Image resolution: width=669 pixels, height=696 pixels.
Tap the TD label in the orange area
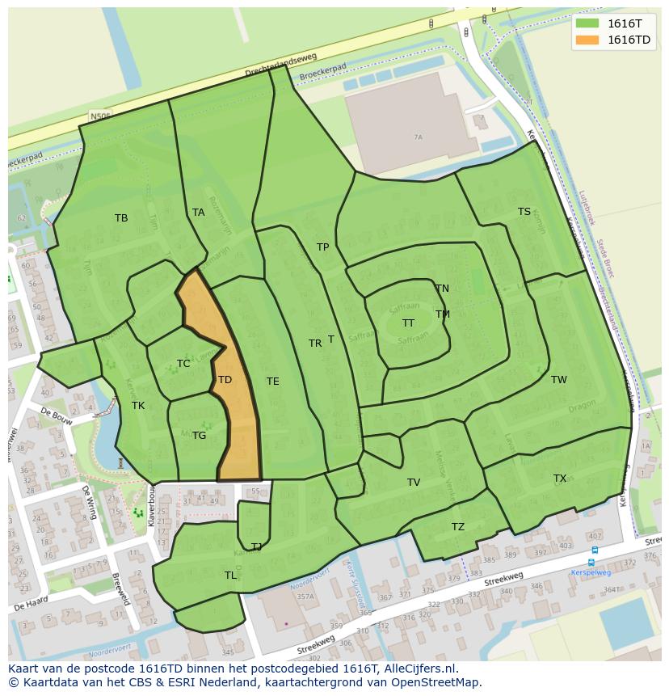[x=225, y=380]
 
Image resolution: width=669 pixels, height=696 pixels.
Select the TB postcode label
[x=121, y=218]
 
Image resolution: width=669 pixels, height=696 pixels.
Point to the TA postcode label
[x=199, y=213]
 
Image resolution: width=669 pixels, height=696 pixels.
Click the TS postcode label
[x=524, y=212]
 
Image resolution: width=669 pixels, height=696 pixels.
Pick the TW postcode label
[x=559, y=380]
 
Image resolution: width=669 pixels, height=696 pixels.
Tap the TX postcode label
[x=560, y=479]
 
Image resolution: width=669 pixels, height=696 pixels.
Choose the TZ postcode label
[x=458, y=527]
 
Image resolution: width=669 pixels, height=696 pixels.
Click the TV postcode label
[x=414, y=483]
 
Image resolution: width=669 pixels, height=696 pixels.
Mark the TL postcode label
[x=231, y=576]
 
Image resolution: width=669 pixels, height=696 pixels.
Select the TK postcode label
[x=138, y=406]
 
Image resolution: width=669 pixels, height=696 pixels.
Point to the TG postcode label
[x=199, y=436]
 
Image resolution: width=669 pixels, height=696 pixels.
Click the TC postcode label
[x=183, y=364]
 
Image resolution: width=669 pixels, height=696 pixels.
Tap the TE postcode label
[x=273, y=382]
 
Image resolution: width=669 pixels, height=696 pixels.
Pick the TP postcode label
[x=322, y=247]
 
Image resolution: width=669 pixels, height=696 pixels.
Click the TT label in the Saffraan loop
[x=408, y=323]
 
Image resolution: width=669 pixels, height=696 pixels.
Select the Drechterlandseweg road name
[x=281, y=66]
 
